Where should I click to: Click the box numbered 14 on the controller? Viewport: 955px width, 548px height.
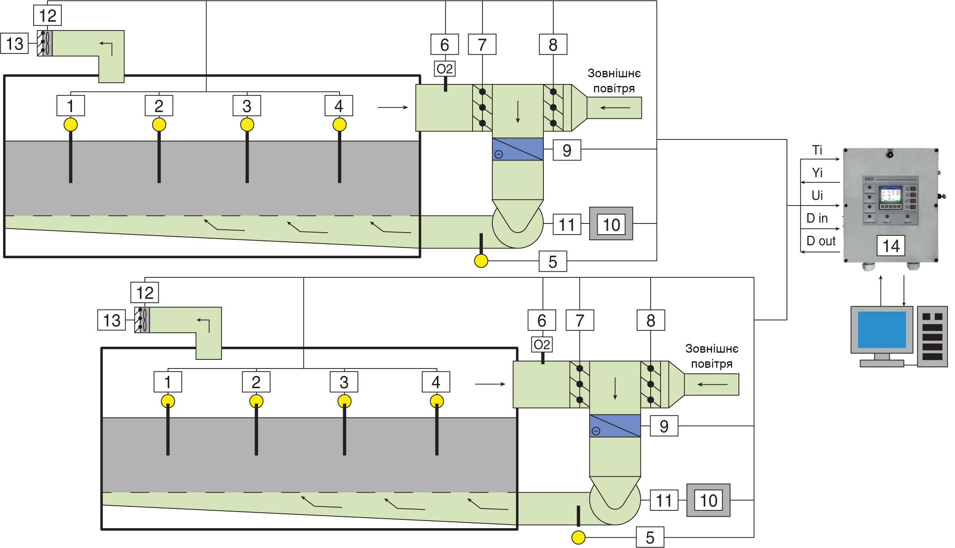pos(890,246)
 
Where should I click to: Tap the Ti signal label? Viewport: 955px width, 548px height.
pos(817,150)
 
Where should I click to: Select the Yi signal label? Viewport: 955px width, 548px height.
pos(817,173)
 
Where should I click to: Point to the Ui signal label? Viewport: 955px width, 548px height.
pos(817,195)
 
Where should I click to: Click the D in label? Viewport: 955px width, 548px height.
pos(817,218)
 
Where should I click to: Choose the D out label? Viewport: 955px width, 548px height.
pos(820,241)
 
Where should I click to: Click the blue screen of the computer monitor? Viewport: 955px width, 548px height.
pos(881,329)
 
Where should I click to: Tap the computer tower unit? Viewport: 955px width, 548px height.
pos(932,336)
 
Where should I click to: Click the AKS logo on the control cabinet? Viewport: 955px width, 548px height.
pos(869,179)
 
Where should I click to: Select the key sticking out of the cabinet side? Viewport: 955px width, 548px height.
pos(942,196)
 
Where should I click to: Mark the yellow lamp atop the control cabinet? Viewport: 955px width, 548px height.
pos(890,154)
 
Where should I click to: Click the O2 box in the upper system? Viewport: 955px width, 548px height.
pos(444,69)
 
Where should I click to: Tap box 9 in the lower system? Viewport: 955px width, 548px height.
pos(664,426)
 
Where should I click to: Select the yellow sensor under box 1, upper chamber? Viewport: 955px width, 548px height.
pos(70,125)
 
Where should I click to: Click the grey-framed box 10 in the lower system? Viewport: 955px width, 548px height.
pos(708,500)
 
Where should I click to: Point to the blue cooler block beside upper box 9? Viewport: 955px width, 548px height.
pos(517,149)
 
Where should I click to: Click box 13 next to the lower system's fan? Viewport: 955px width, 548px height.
pos(112,320)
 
